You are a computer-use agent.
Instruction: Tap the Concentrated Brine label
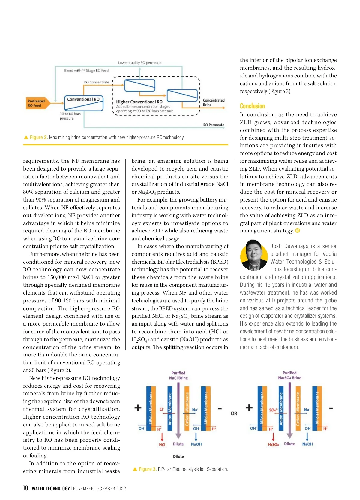click(213, 102)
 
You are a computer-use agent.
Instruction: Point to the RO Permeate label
click(214, 125)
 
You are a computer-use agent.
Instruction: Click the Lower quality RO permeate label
click(139, 63)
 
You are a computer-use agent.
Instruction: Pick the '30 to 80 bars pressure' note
click(70, 116)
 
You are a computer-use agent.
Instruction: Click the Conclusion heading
click(252, 106)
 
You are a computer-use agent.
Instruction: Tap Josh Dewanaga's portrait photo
click(254, 255)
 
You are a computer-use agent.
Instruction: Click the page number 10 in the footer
click(25, 488)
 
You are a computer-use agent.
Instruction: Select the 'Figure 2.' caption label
click(39, 138)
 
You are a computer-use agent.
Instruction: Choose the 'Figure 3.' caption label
click(148, 469)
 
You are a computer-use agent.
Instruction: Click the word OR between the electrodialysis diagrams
click(234, 414)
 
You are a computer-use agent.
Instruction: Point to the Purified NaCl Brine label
click(178, 375)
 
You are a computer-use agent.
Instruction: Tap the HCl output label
click(162, 444)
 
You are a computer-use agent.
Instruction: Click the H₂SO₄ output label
click(273, 444)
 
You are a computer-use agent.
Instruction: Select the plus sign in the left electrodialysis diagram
click(138, 408)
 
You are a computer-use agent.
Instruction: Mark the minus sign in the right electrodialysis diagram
click(331, 408)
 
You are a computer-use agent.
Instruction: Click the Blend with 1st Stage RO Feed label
click(86, 71)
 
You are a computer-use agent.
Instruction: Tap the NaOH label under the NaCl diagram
click(196, 444)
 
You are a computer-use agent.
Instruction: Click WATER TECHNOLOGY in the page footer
click(51, 489)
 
